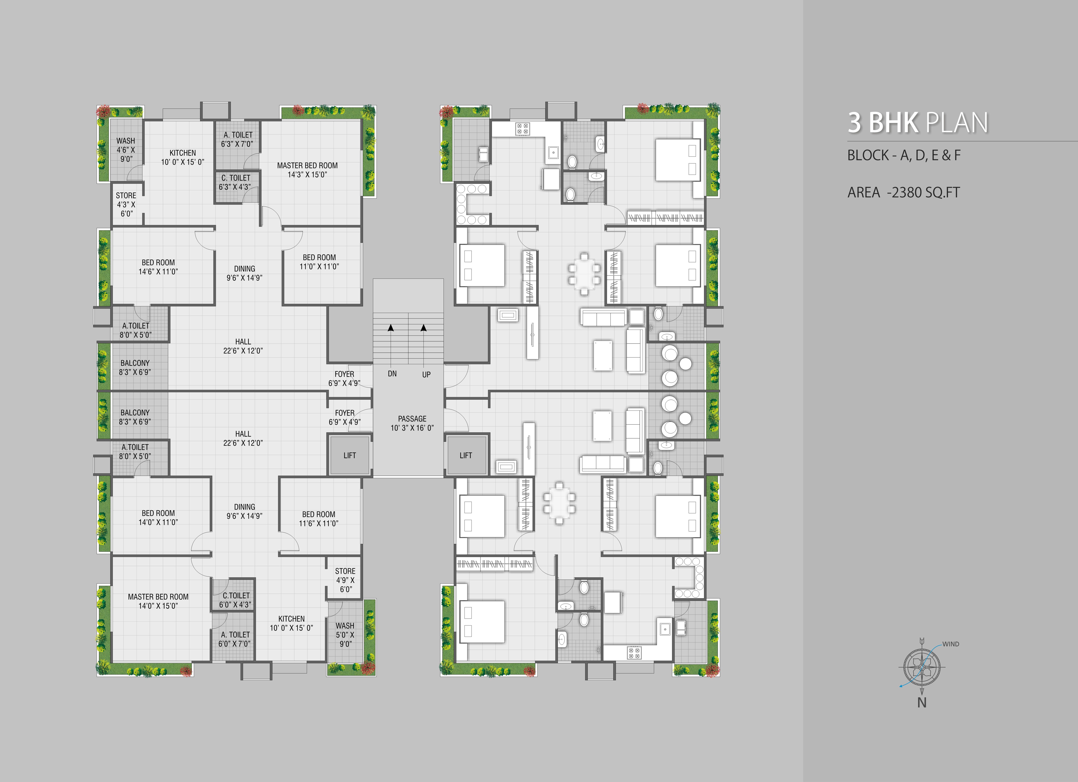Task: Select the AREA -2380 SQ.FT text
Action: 903,192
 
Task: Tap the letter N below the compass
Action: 922,703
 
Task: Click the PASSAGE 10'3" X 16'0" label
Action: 412,423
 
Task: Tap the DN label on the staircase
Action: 392,374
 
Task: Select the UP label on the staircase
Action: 426,375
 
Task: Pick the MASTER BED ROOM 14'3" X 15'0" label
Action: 308,170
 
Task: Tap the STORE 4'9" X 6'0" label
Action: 346,580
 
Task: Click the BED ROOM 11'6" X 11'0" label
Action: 319,519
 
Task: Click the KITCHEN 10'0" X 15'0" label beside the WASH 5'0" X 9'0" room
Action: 291,623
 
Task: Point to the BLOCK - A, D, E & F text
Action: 904,155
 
